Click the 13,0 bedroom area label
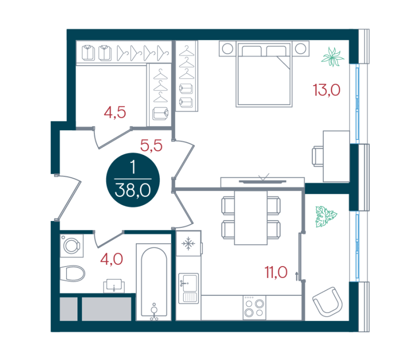click(x=327, y=90)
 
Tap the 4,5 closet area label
click(x=115, y=113)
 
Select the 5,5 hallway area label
click(x=151, y=146)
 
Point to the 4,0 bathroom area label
click(x=112, y=259)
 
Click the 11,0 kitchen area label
click(x=276, y=272)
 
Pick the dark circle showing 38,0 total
click(x=133, y=180)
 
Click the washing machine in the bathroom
click(x=72, y=246)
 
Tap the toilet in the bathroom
click(x=72, y=274)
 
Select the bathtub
click(x=154, y=282)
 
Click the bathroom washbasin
click(x=114, y=286)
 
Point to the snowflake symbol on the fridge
click(x=188, y=243)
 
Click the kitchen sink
click(x=188, y=288)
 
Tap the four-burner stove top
click(x=254, y=307)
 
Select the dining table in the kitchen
click(x=251, y=217)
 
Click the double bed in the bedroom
click(x=264, y=74)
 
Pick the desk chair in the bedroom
click(x=318, y=156)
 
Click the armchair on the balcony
click(x=327, y=302)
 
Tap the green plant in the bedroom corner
click(x=332, y=57)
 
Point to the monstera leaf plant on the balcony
click(x=326, y=216)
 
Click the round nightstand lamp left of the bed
click(x=228, y=49)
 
